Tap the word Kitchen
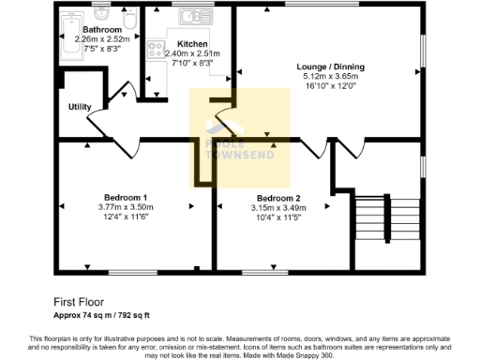tap(191, 44)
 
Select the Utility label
tap(79, 106)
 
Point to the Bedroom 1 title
tap(124, 197)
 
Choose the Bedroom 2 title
tap(277, 199)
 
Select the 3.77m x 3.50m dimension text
tap(124, 207)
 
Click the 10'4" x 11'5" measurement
tap(277, 219)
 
